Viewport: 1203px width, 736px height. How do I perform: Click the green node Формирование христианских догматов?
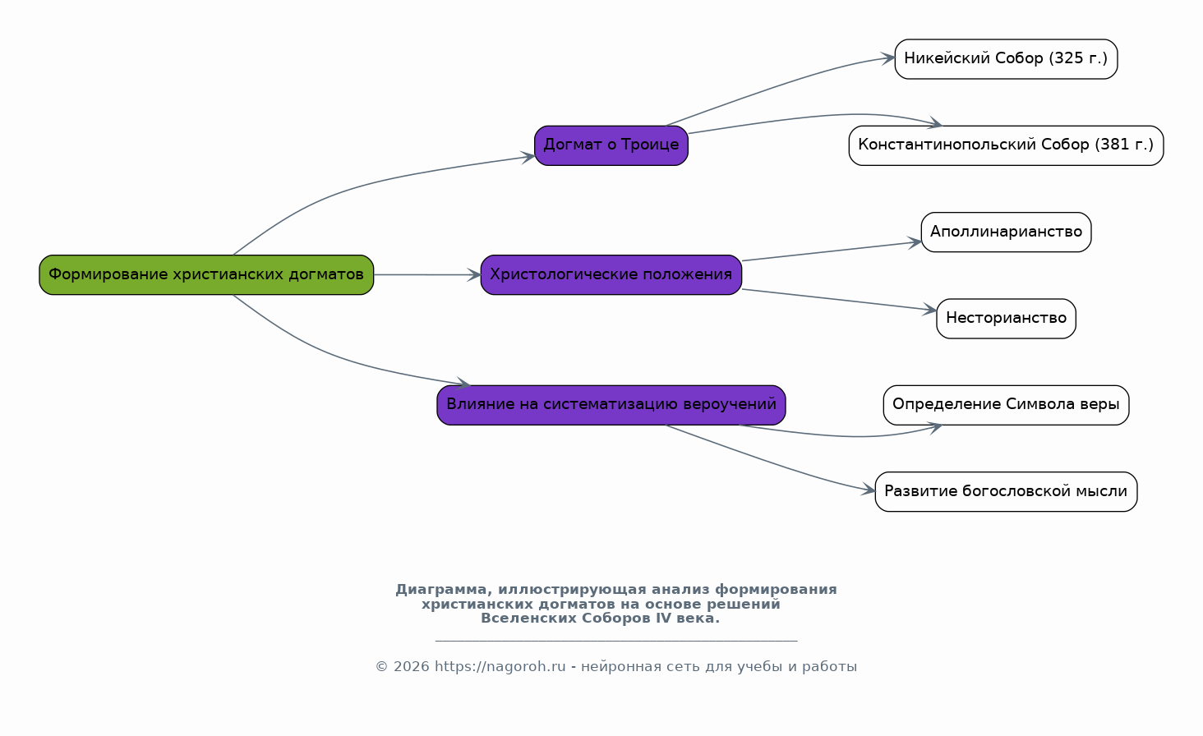click(x=206, y=275)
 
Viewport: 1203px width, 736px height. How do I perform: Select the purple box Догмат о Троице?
click(x=611, y=145)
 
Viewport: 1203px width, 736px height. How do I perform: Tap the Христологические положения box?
click(x=611, y=275)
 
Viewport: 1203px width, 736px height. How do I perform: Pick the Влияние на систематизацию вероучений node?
click(x=611, y=405)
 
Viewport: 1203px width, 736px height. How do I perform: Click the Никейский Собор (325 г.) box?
click(x=1006, y=59)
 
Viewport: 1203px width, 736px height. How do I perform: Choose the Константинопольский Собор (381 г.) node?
click(x=1006, y=145)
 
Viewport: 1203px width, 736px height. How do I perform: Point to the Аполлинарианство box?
click(x=1006, y=232)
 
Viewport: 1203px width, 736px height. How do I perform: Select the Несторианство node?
click(x=1006, y=319)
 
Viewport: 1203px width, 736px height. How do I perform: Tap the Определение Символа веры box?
click(x=1006, y=405)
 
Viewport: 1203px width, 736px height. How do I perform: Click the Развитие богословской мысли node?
click(x=1006, y=492)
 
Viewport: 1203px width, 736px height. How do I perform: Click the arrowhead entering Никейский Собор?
click(x=887, y=58)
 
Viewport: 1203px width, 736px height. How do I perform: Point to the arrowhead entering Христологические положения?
click(x=473, y=275)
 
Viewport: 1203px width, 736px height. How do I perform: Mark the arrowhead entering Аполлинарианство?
click(x=914, y=242)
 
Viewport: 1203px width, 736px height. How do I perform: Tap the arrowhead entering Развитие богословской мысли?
click(x=868, y=489)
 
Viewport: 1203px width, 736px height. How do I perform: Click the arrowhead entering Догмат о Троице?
click(x=528, y=157)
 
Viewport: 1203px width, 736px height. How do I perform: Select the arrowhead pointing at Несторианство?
click(x=929, y=310)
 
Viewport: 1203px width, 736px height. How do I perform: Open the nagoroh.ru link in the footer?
click(x=500, y=667)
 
